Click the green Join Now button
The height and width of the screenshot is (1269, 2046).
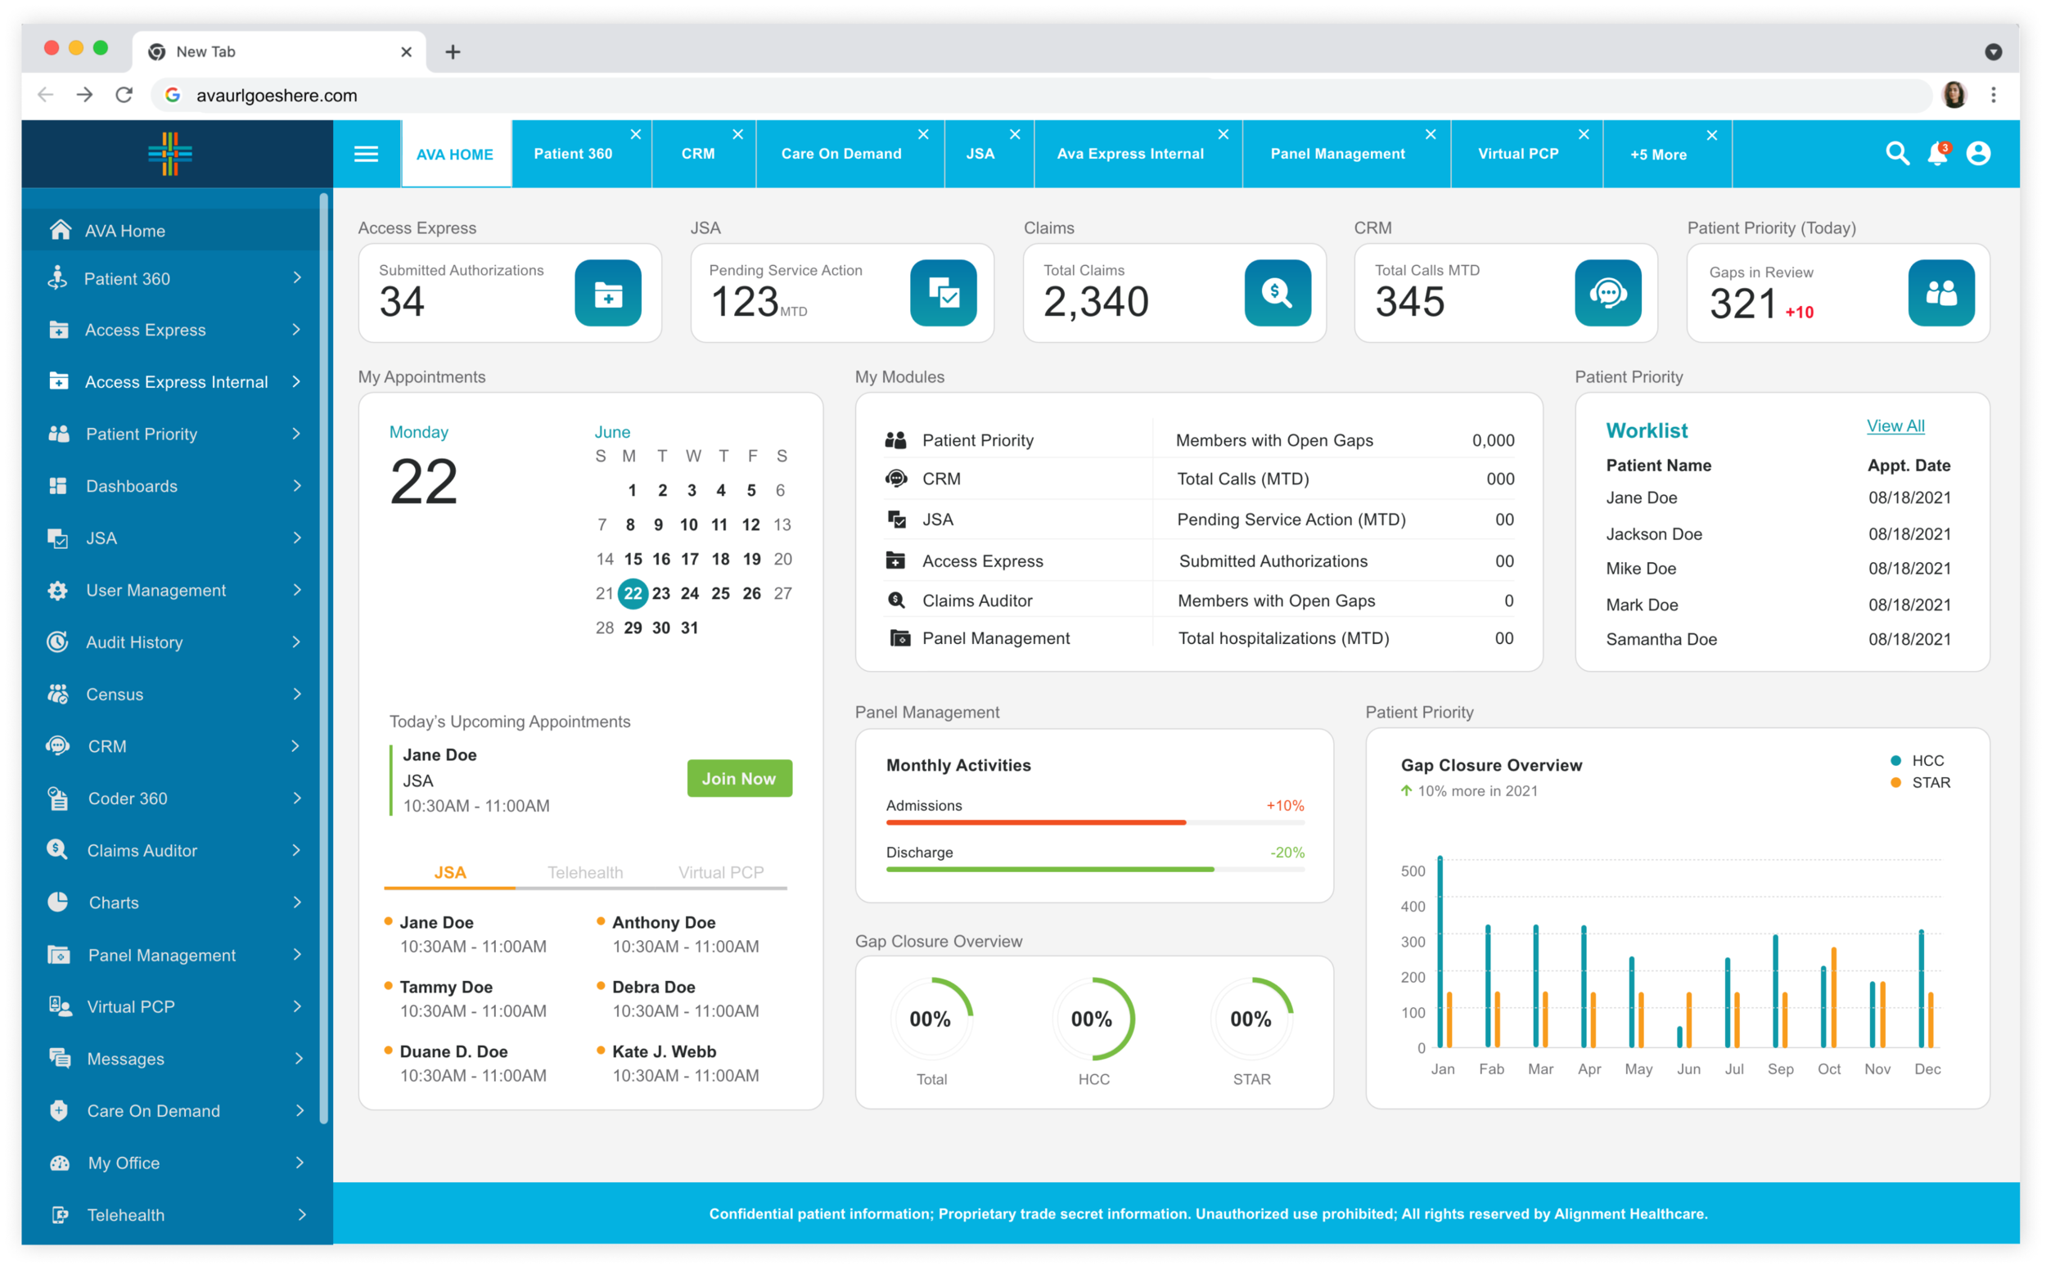(x=739, y=778)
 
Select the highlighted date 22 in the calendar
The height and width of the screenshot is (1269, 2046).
(x=632, y=593)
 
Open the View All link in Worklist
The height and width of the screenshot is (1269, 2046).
(x=1895, y=426)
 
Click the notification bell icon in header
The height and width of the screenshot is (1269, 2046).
(x=1937, y=154)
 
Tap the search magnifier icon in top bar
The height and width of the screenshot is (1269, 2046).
(x=1896, y=154)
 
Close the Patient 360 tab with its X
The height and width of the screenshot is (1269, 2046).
(x=636, y=134)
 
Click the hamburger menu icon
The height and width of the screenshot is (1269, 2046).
(x=366, y=154)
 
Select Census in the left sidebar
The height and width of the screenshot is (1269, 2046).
(x=115, y=694)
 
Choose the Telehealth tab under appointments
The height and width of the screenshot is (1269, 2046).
(x=585, y=872)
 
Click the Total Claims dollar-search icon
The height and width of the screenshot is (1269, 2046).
(x=1277, y=293)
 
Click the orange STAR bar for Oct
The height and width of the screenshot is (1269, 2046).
(x=1833, y=997)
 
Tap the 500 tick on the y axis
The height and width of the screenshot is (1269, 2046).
(x=1413, y=871)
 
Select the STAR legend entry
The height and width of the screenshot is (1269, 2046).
(x=1930, y=782)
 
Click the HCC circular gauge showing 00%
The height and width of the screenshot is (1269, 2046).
(x=1093, y=1019)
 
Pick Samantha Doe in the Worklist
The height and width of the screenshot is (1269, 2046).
(x=1661, y=639)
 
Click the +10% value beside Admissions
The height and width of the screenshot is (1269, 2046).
(x=1285, y=806)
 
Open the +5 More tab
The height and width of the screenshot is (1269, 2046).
(x=1658, y=155)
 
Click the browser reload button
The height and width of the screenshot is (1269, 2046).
(x=124, y=95)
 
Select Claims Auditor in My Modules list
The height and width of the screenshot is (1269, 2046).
(x=977, y=600)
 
